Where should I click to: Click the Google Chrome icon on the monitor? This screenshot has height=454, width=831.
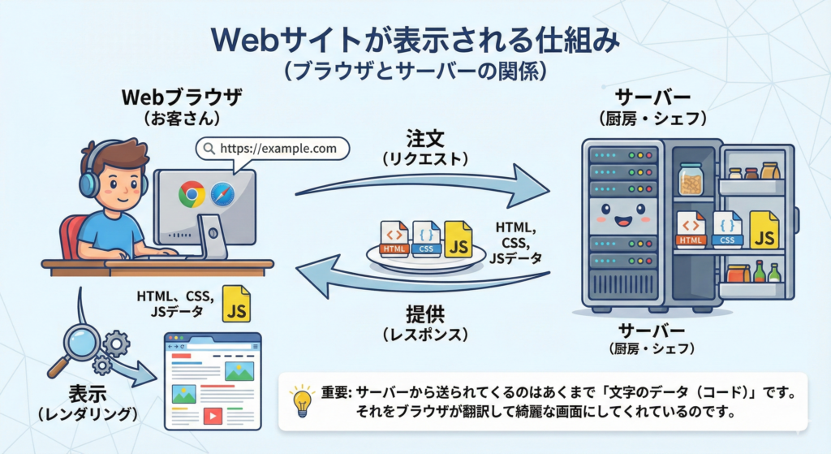coord(192,194)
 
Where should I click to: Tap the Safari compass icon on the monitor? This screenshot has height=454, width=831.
coord(222,194)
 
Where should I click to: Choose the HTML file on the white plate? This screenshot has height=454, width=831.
coord(394,238)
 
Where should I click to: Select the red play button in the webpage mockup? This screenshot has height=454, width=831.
coord(213,416)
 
